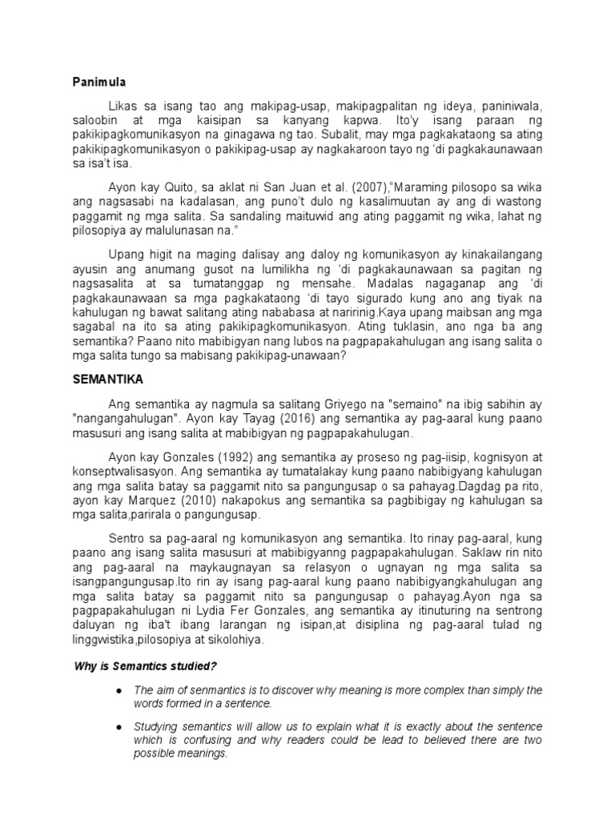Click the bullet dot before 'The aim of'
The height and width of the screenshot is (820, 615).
[x=119, y=690]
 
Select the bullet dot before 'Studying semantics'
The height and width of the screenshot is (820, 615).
[x=119, y=726]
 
